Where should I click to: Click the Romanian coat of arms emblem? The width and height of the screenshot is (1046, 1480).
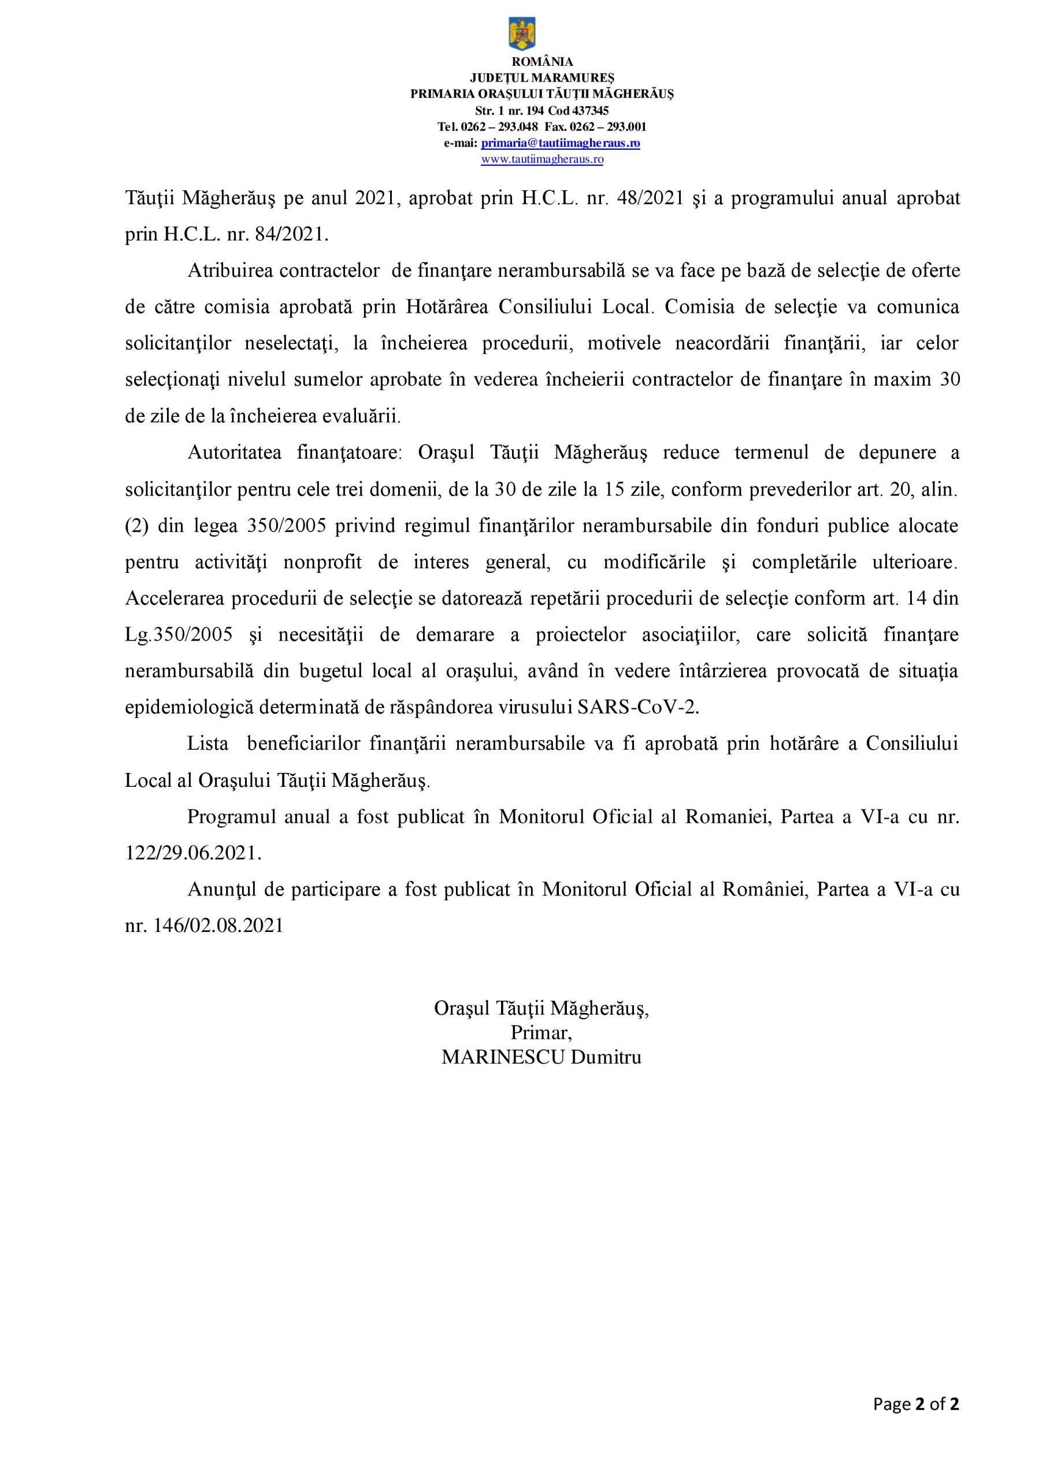click(522, 34)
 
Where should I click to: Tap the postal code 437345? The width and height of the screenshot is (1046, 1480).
click(591, 110)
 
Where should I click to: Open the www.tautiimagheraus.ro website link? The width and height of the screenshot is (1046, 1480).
click(541, 159)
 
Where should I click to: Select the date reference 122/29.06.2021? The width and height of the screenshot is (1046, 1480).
click(192, 853)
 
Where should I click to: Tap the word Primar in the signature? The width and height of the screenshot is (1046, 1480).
click(540, 1033)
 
